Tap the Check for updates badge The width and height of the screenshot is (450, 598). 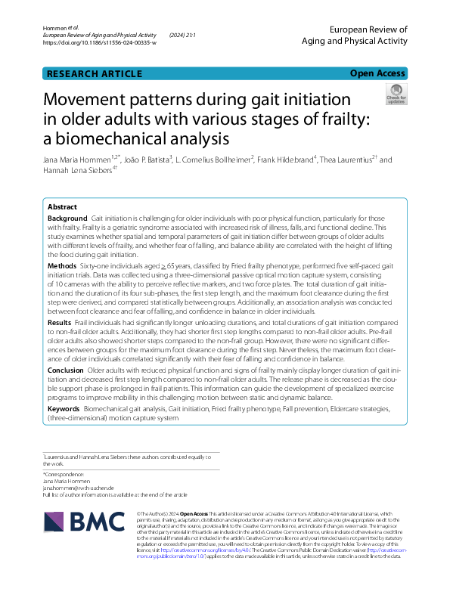(396, 95)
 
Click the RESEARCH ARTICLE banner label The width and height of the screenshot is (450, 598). (94, 73)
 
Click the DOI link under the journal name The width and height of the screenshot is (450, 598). (100, 43)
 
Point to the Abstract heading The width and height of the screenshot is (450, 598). (62, 206)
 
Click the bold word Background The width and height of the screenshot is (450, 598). (67, 218)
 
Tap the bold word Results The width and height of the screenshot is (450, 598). (60, 322)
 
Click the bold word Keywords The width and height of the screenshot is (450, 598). (64, 407)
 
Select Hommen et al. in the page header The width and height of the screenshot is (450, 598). (57, 28)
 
